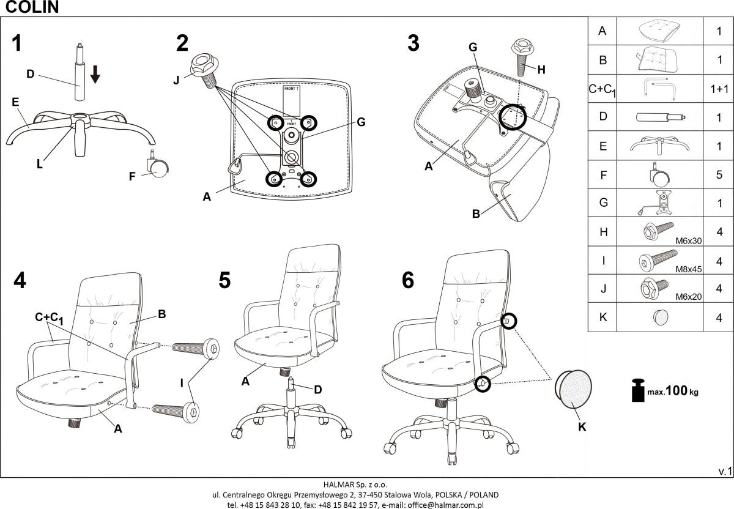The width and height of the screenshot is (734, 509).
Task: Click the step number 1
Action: point(17,43)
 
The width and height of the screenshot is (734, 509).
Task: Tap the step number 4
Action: point(20,280)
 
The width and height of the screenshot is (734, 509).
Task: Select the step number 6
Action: point(407,280)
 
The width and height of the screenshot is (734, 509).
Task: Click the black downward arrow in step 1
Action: point(95,74)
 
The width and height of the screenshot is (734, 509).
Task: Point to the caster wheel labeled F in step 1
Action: point(158,166)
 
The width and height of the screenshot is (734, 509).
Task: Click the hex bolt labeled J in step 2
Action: point(203,67)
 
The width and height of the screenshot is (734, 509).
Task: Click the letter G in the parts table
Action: point(602,203)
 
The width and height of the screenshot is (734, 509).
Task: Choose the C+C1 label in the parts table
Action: point(602,89)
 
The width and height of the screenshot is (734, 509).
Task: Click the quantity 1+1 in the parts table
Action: point(719,89)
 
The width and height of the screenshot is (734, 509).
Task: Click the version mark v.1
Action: point(724,470)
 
